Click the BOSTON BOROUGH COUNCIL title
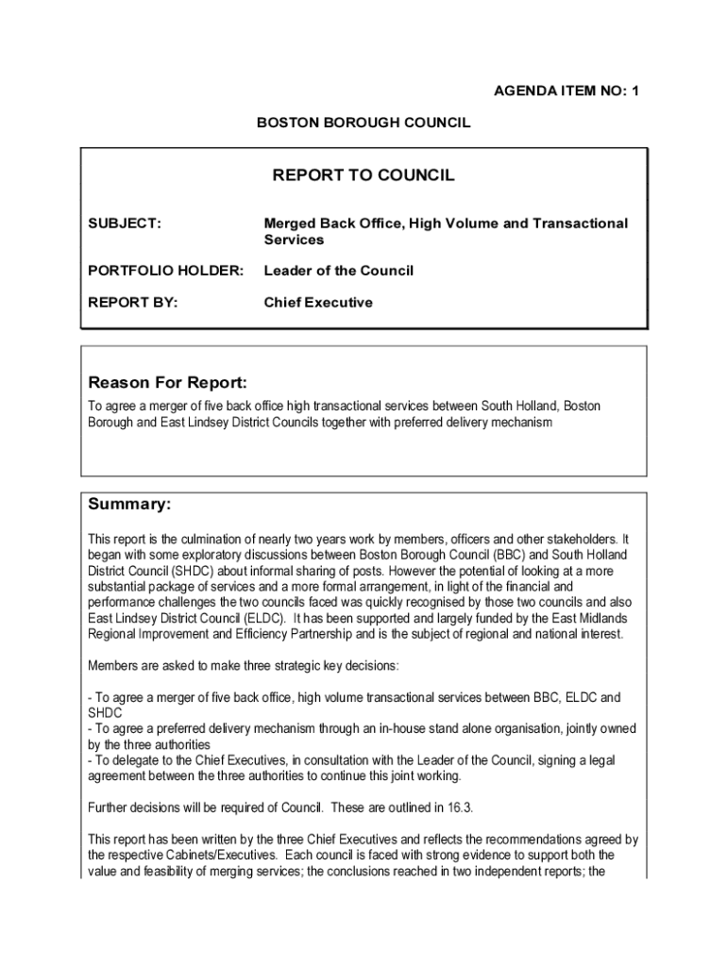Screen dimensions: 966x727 point(363,123)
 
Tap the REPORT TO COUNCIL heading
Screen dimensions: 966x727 point(363,175)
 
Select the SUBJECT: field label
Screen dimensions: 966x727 point(124,224)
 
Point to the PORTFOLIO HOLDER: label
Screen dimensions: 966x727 point(165,271)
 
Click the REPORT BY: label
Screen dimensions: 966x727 point(132,303)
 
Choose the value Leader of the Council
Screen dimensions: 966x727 point(338,271)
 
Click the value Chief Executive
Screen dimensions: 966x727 point(318,303)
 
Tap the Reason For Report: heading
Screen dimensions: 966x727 point(167,383)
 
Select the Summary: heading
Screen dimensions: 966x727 point(129,505)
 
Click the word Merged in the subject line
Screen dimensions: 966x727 point(292,224)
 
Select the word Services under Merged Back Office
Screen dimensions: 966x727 point(294,240)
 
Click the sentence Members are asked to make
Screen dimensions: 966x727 point(244,666)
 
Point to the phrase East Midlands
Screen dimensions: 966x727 point(586,618)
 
